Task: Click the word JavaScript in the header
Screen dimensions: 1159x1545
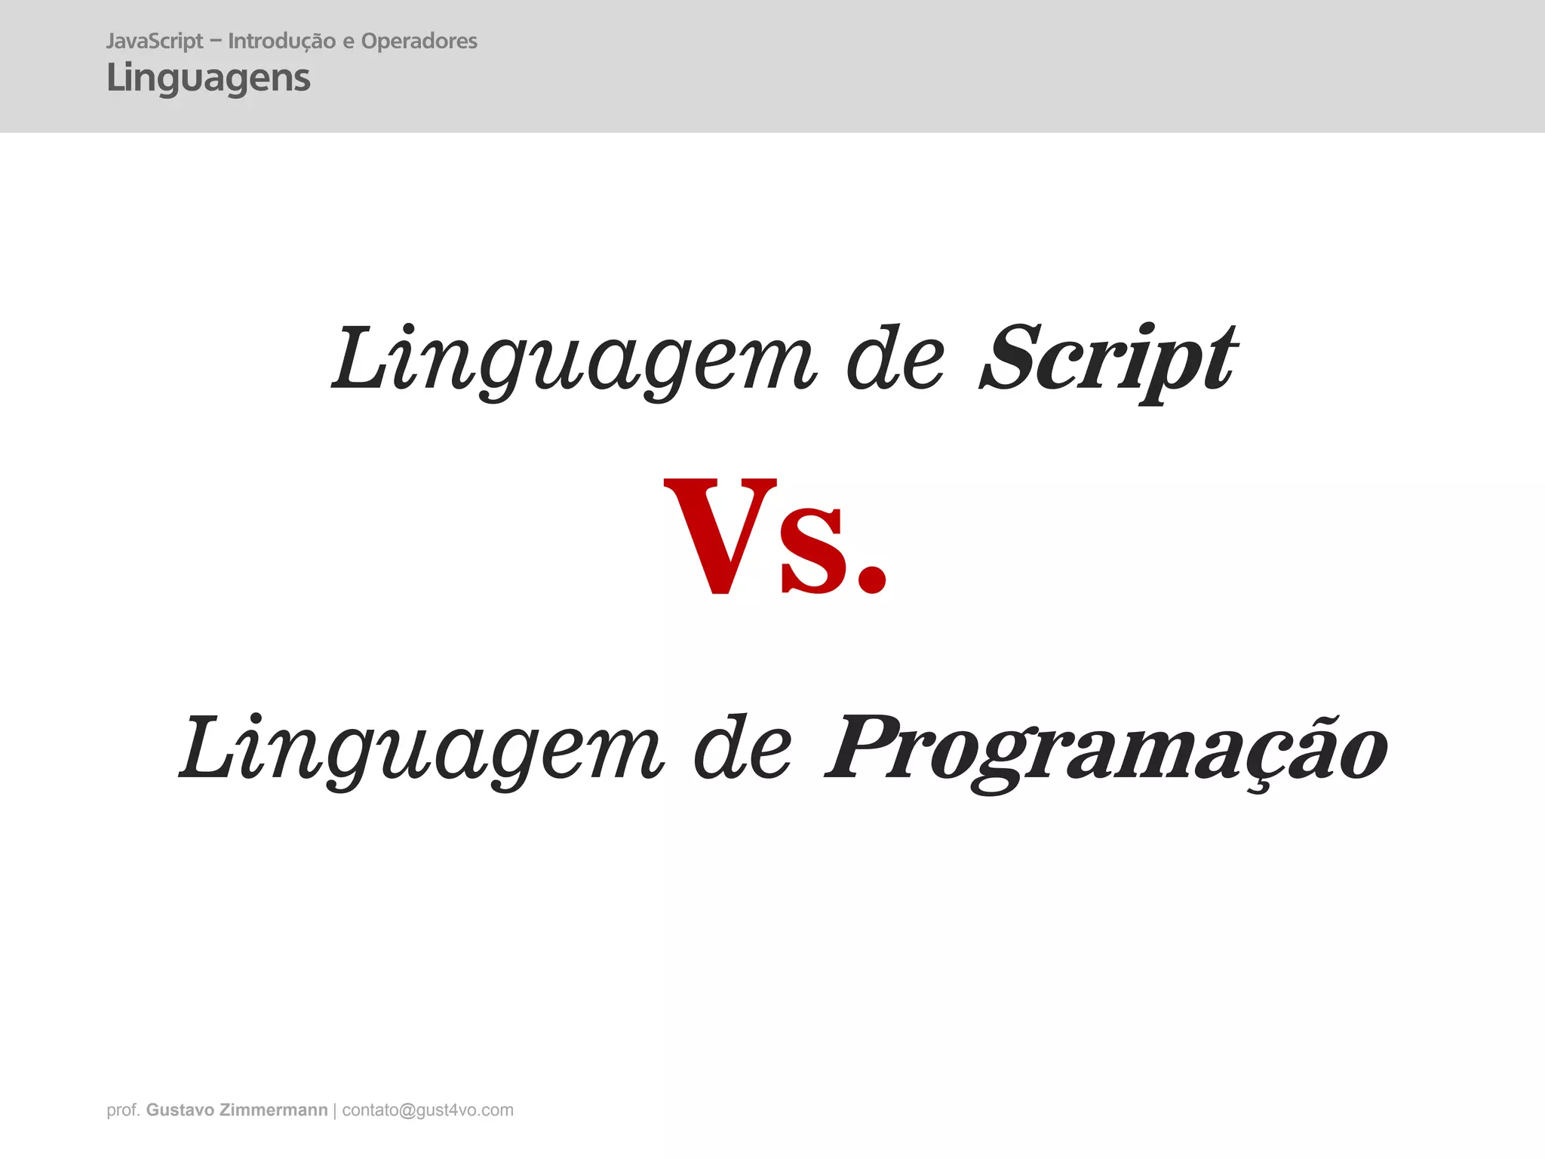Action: tap(155, 42)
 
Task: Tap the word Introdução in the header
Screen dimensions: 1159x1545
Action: tap(281, 42)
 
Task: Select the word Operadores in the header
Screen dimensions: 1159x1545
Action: tap(419, 42)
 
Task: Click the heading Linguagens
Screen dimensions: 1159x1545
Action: tap(208, 78)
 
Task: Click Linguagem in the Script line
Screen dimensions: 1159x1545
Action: tap(573, 358)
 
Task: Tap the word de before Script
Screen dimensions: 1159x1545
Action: tap(895, 358)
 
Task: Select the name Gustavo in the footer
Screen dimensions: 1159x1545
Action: tap(180, 1110)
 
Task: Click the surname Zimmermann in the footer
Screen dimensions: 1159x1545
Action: tap(274, 1110)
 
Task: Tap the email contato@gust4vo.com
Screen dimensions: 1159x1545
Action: tap(428, 1110)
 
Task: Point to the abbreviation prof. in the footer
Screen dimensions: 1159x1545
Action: tap(123, 1110)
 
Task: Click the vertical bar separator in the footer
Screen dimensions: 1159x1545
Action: tap(335, 1110)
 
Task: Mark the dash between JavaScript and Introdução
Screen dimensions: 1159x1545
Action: tap(216, 42)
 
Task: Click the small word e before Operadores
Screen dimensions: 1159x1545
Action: tap(348, 42)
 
